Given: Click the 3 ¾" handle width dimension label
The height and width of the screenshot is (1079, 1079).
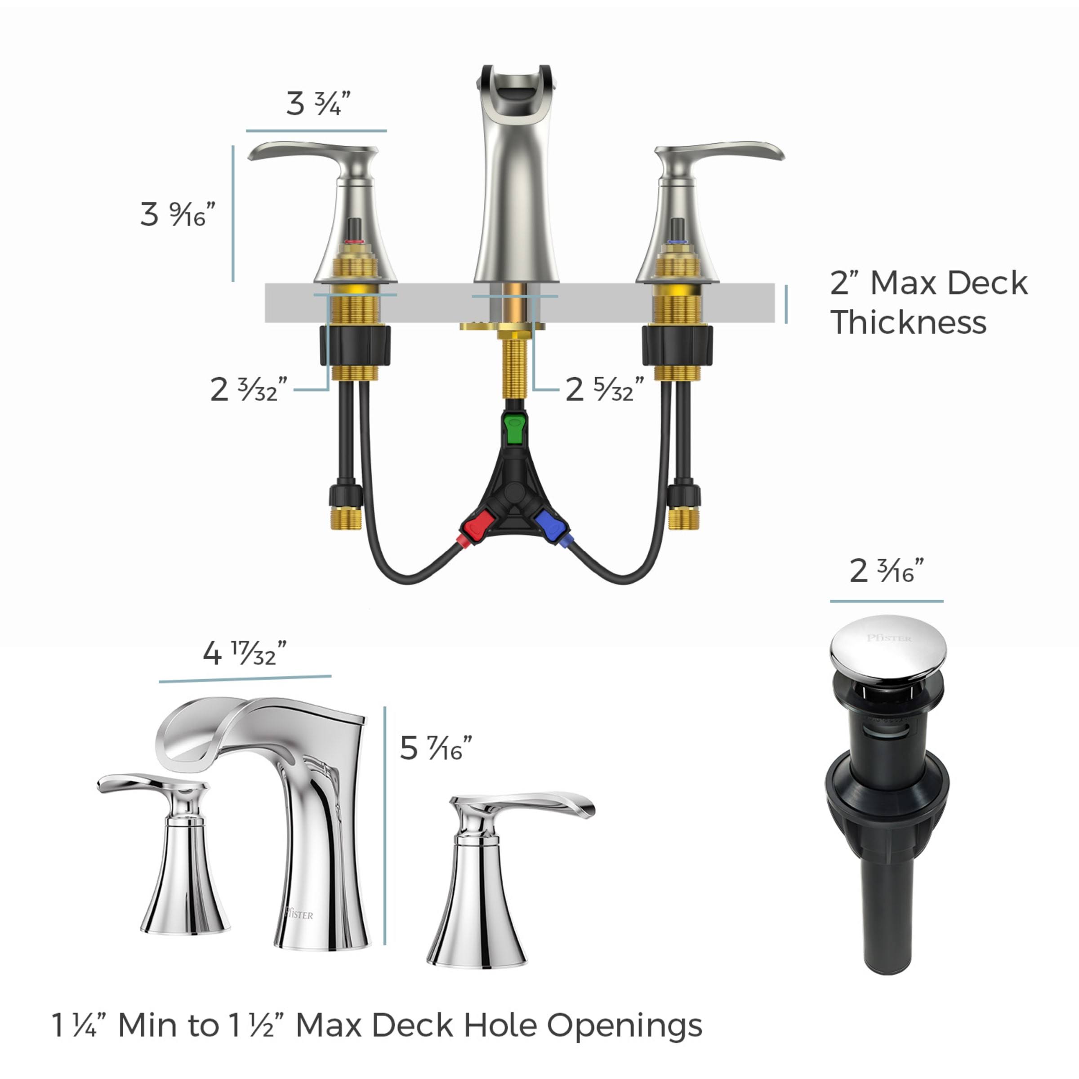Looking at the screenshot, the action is click(x=318, y=103).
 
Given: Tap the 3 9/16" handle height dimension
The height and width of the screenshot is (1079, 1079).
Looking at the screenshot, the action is click(x=178, y=214).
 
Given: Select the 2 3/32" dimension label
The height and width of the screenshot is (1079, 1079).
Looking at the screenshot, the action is click(x=249, y=389).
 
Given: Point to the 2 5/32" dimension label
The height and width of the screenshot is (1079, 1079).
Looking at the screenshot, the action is click(x=604, y=389).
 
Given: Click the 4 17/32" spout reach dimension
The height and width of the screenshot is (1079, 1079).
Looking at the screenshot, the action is click(x=245, y=652).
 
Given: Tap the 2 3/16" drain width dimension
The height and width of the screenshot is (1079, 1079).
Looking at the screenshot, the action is click(x=887, y=571).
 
